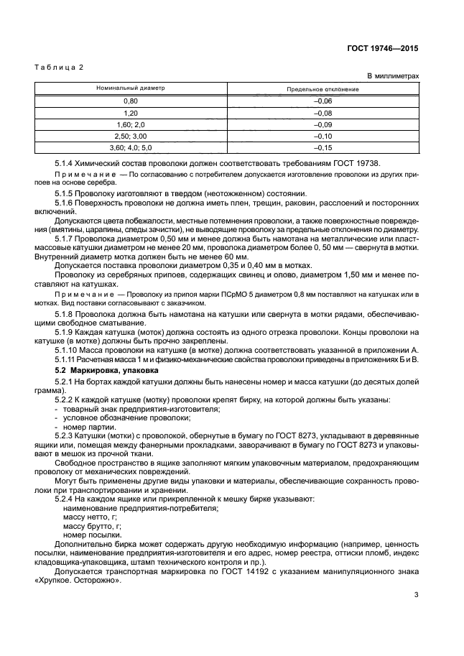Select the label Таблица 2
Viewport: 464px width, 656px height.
coord(60,67)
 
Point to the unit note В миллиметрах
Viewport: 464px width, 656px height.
coord(393,75)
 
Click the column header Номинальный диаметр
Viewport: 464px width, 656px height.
coord(131,88)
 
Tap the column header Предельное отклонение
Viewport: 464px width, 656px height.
coord(323,89)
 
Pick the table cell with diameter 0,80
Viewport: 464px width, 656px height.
coord(131,101)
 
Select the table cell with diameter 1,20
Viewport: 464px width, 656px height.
coord(131,113)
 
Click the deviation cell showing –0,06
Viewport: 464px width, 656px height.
coord(323,101)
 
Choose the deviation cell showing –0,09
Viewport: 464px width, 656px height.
coord(323,124)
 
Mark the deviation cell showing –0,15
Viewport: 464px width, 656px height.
coord(323,147)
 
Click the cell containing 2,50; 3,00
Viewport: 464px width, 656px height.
coord(131,136)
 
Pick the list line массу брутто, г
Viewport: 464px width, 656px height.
coord(90,526)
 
